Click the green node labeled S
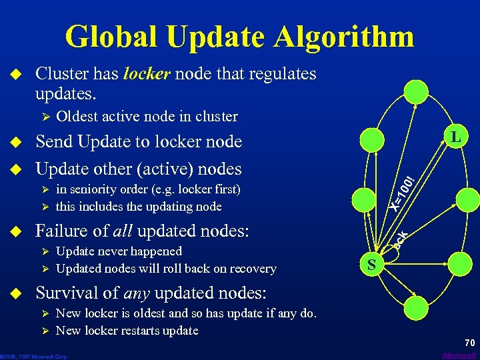click(x=373, y=265)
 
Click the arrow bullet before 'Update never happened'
click(x=45, y=252)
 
